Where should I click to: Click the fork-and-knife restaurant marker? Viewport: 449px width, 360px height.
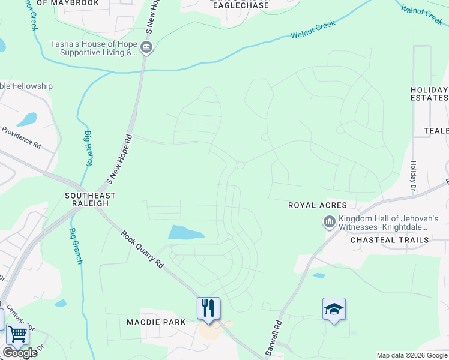pos(208,308)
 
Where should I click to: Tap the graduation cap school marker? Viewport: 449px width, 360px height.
pos(334,309)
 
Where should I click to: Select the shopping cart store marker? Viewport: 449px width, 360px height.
pos(17,334)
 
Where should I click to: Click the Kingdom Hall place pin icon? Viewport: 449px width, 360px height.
pos(329,223)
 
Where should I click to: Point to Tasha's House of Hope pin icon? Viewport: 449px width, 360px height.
pos(146,47)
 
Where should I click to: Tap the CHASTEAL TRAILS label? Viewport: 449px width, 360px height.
pos(390,240)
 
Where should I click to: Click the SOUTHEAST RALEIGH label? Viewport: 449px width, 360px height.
pos(90,199)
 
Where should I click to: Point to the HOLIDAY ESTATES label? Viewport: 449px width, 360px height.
pos(429,94)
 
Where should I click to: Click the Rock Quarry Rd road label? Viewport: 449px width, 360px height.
pos(142,249)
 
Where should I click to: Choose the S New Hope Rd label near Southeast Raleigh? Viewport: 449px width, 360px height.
pos(119,159)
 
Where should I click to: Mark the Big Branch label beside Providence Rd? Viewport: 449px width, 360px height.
pos(89,148)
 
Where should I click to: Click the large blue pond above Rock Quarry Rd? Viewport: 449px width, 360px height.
pos(185,232)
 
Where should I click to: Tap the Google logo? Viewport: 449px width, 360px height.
pos(20,353)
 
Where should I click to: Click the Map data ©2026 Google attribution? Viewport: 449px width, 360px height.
pos(411,355)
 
